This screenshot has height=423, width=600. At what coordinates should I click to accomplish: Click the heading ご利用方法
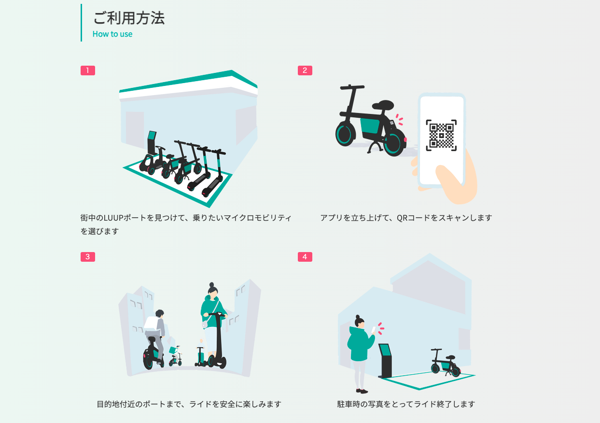point(129,18)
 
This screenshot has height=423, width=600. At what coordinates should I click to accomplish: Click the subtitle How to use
point(112,34)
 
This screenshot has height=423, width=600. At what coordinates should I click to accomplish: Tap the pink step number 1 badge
point(88,70)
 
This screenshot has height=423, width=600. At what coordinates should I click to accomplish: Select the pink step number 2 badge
point(305,70)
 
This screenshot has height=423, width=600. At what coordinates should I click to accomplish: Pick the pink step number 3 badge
point(88,257)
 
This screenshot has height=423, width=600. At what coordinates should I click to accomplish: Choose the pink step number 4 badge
point(305,257)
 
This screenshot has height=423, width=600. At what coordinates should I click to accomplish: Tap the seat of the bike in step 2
point(383,104)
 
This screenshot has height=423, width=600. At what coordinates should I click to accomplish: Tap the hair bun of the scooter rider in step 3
point(211,285)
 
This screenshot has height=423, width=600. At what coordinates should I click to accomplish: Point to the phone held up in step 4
point(373,330)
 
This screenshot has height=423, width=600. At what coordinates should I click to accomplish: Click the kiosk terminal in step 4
point(386,360)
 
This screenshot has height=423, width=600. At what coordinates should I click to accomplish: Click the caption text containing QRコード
point(406,218)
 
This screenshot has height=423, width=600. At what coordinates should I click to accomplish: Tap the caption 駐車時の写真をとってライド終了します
point(406,404)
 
